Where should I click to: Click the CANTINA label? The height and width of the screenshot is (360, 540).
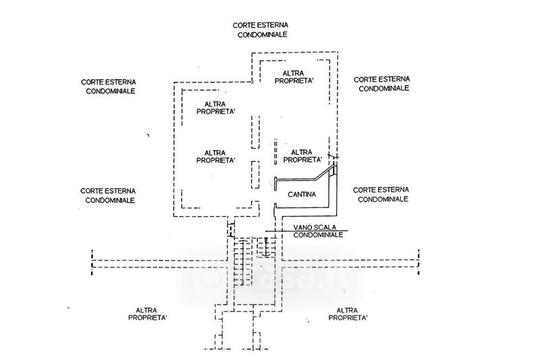tap(302, 195)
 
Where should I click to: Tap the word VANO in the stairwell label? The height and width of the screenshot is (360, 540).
tap(303, 227)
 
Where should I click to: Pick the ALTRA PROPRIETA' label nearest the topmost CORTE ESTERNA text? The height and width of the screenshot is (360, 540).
tap(293, 76)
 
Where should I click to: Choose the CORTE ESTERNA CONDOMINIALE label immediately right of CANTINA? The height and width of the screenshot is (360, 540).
tap(381, 195)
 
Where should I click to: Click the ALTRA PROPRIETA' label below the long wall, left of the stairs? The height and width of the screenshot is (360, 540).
tap(151, 312)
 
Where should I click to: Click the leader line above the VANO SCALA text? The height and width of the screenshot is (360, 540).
tap(304, 231)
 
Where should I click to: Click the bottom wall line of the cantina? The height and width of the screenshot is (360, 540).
tap(305, 206)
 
